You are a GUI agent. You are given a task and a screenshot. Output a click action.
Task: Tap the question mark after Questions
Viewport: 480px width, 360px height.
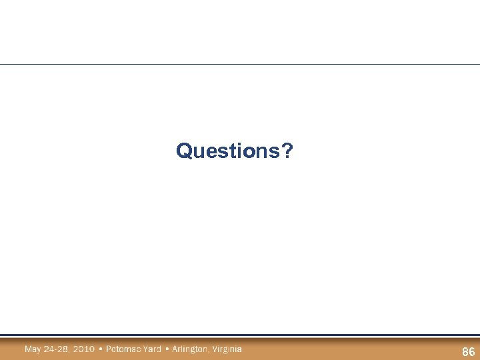pyautogui.click(x=287, y=151)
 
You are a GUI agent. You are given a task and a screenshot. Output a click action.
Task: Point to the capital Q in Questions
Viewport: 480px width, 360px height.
pyautogui.click(x=183, y=151)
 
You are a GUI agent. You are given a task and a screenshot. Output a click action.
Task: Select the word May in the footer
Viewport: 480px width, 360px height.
pyautogui.click(x=33, y=349)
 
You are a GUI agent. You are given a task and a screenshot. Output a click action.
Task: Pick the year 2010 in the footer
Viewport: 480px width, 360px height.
pyautogui.click(x=84, y=349)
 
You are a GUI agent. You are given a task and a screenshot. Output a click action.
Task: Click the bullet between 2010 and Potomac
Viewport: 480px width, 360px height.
pyautogui.click(x=101, y=349)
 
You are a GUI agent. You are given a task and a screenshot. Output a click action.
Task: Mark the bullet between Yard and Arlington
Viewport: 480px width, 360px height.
pyautogui.click(x=167, y=349)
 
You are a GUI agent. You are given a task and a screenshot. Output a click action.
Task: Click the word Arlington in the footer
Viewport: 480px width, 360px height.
pyautogui.click(x=189, y=349)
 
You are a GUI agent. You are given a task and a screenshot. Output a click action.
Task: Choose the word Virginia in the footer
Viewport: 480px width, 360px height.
pyautogui.click(x=227, y=349)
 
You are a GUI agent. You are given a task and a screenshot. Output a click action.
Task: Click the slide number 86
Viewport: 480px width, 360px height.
pyautogui.click(x=468, y=352)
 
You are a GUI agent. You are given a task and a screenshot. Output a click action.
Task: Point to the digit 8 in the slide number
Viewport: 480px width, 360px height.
pyautogui.click(x=465, y=352)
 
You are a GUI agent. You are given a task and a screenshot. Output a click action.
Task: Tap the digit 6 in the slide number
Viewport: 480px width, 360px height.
pyautogui.click(x=471, y=352)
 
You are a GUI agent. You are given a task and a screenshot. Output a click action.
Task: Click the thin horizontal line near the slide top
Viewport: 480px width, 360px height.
pyautogui.click(x=240, y=65)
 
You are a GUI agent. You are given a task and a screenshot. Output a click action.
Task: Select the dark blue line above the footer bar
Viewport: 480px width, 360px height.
pyautogui.click(x=240, y=335)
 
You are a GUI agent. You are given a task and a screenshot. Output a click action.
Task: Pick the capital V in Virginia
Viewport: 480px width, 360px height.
pyautogui.click(x=214, y=349)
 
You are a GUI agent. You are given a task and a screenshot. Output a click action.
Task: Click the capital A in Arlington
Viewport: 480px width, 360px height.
pyautogui.click(x=175, y=349)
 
